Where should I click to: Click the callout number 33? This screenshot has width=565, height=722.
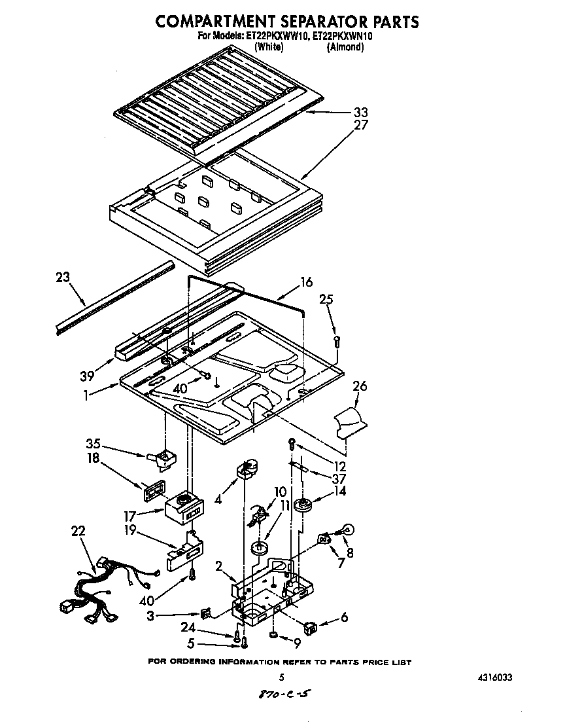[360, 112]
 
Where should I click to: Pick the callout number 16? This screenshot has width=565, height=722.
[306, 282]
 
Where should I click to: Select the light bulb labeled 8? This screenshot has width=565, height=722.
[347, 530]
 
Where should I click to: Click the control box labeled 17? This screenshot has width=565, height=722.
[183, 507]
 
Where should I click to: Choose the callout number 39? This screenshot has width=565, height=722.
[87, 375]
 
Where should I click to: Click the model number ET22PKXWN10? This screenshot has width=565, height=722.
[342, 37]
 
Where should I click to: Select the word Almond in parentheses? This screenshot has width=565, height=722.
[345, 47]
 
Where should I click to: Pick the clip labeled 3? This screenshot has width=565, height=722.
[206, 613]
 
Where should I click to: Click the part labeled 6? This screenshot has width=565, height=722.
[310, 627]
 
